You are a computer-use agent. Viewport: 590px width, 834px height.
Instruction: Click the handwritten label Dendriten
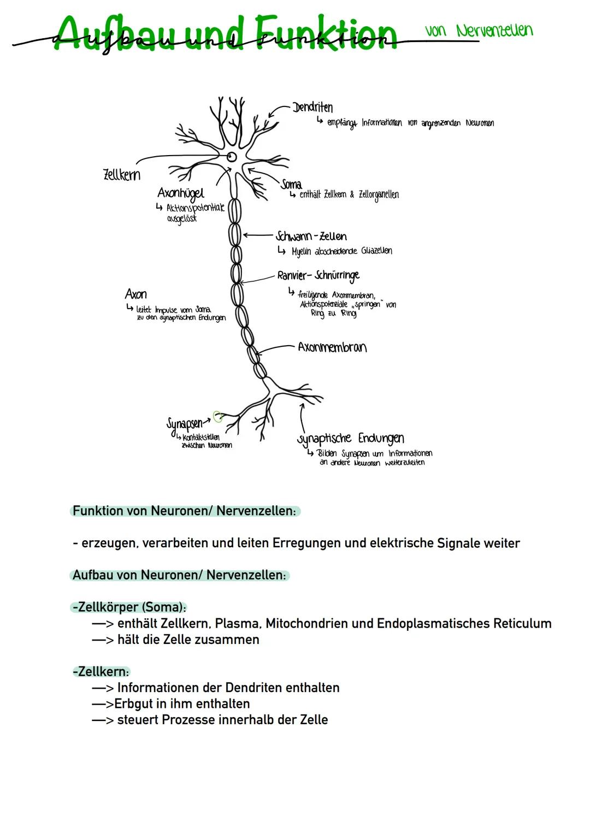(312, 107)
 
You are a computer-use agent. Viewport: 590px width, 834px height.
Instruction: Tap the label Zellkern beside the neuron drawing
(122, 175)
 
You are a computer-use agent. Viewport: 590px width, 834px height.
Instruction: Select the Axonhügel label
(181, 193)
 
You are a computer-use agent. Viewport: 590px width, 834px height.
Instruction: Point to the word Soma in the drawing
(291, 184)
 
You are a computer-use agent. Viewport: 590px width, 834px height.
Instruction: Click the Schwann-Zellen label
(311, 236)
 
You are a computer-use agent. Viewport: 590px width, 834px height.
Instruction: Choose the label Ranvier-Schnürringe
(318, 275)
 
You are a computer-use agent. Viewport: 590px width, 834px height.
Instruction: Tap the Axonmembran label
(332, 347)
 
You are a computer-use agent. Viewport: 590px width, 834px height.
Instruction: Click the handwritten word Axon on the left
(136, 294)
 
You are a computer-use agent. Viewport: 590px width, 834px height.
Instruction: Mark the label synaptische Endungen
(351, 439)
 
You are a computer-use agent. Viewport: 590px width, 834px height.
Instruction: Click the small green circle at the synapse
(218, 417)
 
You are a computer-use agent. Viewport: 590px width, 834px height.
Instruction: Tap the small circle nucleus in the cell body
(232, 157)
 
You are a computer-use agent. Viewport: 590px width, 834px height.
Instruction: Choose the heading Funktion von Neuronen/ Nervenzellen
(184, 511)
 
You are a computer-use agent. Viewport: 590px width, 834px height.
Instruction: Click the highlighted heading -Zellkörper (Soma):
(129, 607)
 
